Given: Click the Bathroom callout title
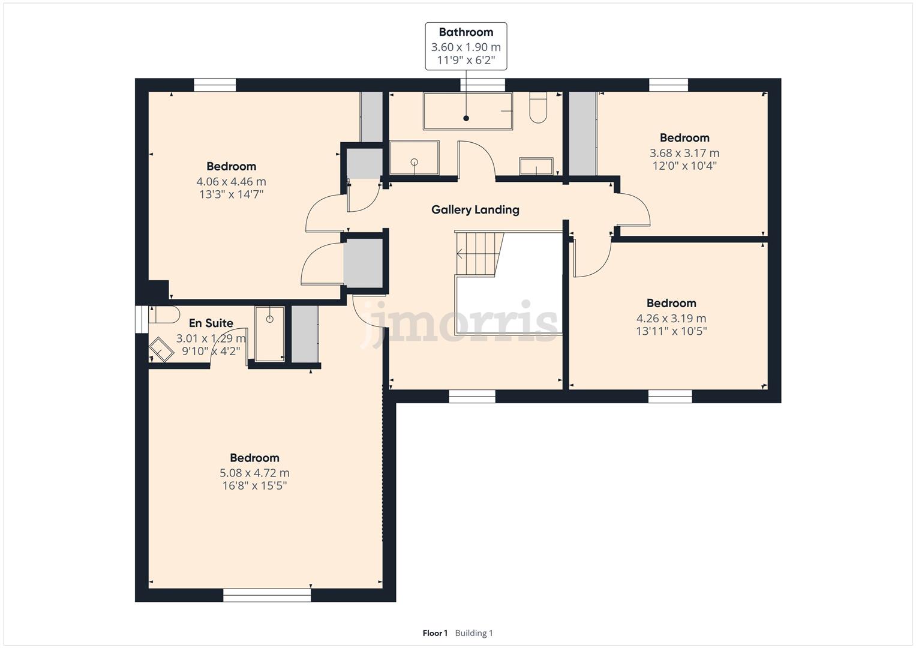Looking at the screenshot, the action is pyautogui.click(x=465, y=32).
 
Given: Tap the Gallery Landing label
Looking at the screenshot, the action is pyautogui.click(x=475, y=210).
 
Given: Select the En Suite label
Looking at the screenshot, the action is pyautogui.click(x=211, y=323).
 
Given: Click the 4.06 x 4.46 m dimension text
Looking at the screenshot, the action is pyautogui.click(x=231, y=181).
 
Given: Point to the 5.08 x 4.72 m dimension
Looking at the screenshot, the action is pyautogui.click(x=254, y=473).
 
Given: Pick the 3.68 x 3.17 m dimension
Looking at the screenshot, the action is pyautogui.click(x=684, y=153).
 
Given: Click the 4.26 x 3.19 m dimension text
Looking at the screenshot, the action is pyautogui.click(x=671, y=318).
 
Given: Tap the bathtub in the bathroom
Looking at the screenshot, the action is pyautogui.click(x=468, y=111).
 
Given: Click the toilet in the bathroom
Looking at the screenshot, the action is pyautogui.click(x=538, y=107).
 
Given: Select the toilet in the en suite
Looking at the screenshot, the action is pyautogui.click(x=164, y=314).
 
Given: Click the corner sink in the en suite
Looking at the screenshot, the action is pyautogui.click(x=161, y=349).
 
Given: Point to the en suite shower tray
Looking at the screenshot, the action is pyautogui.click(x=269, y=334).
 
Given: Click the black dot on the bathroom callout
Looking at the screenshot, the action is pyautogui.click(x=465, y=118).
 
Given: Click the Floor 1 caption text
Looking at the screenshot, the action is pyautogui.click(x=435, y=633).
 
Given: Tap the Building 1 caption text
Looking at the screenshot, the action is pyautogui.click(x=474, y=633).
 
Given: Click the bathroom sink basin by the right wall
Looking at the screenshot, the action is pyautogui.click(x=536, y=167).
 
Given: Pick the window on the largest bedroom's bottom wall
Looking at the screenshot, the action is pyautogui.click(x=267, y=595).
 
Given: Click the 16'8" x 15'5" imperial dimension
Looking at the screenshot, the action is pyautogui.click(x=254, y=486).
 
